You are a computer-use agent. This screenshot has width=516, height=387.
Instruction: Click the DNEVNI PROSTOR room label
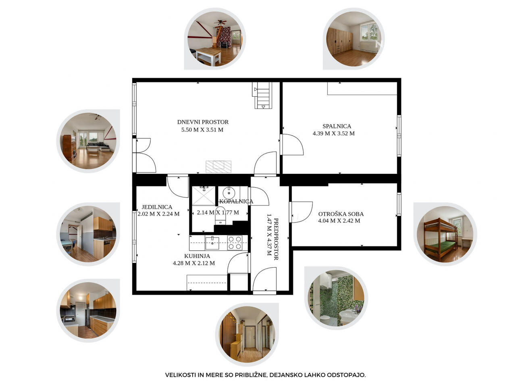(203, 122)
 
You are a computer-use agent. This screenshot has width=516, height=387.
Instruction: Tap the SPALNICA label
(337, 126)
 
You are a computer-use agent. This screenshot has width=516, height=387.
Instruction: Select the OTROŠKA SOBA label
(341, 214)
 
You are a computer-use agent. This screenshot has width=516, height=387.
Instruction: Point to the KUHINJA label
(197, 256)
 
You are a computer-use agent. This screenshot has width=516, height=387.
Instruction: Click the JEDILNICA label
(157, 207)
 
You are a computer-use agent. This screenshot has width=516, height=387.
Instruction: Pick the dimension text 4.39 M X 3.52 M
(333, 133)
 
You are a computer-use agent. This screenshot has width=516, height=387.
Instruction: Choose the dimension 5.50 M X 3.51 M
(202, 130)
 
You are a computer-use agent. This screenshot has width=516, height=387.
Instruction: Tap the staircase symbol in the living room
(262, 96)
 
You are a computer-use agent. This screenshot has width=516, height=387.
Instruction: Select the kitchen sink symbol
(212, 243)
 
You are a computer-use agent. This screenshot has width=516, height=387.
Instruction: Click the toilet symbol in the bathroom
(220, 216)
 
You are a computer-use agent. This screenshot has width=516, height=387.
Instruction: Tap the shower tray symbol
(204, 196)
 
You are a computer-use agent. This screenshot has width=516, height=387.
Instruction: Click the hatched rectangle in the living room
(218, 166)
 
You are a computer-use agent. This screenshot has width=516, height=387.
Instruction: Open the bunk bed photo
(445, 234)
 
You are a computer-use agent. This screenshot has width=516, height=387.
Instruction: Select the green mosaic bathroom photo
(336, 298)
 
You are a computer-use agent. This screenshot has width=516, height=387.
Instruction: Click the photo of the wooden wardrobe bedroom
(354, 39)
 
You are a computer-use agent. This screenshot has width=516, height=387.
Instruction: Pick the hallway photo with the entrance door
(247, 334)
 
